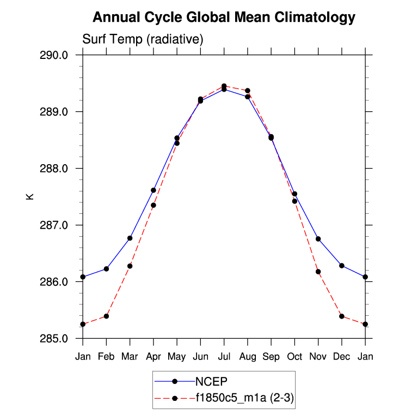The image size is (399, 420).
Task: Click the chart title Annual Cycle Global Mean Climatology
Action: (224, 17)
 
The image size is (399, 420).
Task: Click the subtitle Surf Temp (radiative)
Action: (143, 39)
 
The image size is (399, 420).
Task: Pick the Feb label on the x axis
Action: (106, 356)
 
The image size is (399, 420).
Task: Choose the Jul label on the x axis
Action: (224, 356)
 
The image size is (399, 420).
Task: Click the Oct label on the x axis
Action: (294, 356)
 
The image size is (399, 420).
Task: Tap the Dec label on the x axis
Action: (342, 356)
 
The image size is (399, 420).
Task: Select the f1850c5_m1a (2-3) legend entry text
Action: (245, 399)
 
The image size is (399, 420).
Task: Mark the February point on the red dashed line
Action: (106, 316)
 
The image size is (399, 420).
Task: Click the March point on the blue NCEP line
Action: (130, 238)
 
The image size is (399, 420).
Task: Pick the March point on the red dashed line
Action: (130, 266)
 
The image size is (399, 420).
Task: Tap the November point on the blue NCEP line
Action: (318, 239)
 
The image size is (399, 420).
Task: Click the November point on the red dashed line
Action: (318, 272)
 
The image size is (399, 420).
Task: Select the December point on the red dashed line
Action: (342, 316)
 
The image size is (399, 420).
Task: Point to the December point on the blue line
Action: (342, 266)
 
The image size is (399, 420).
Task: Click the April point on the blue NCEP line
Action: (154, 190)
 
